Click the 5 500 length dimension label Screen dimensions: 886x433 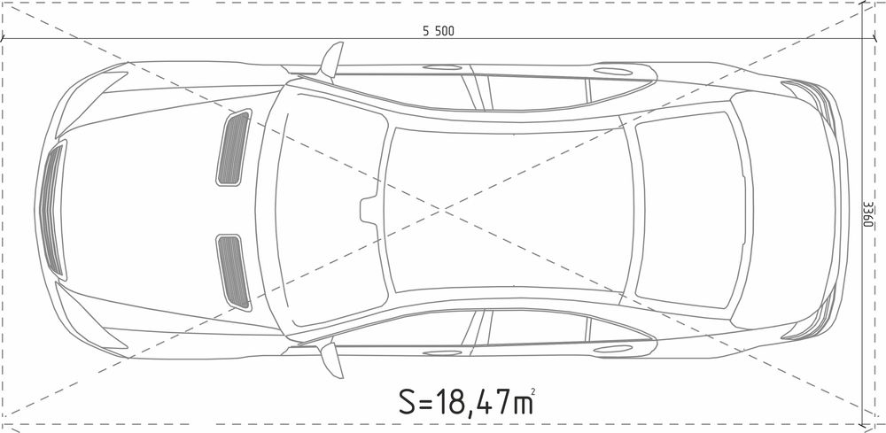pos(439,32)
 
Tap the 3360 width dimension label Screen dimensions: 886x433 pos(869,215)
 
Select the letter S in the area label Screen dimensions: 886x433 pos(408,401)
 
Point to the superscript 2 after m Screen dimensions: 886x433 pos(532,390)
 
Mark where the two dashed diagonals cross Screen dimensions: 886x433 pos(442,210)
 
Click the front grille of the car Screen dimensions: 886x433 pos(52,211)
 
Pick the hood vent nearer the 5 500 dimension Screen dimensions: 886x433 pos(233,148)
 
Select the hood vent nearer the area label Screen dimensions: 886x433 pos(233,272)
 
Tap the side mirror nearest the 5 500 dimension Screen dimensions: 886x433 pos(331,59)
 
